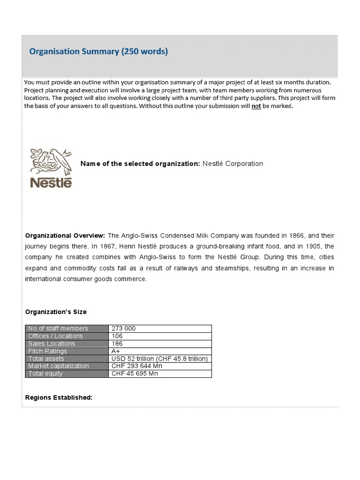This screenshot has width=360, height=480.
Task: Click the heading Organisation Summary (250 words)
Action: [98, 52]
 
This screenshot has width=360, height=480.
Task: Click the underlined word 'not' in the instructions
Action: [256, 106]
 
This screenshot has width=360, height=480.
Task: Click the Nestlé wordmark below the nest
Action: [51, 182]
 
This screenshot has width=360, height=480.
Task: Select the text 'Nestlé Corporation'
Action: [232, 164]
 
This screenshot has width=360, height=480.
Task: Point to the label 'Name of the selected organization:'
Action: [140, 164]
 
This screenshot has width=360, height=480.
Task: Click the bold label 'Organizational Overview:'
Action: [65, 235]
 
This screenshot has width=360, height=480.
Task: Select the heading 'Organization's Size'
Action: [55, 312]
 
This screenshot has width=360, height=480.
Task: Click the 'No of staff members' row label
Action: [58, 329]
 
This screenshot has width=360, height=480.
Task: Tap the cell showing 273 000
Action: [123, 329]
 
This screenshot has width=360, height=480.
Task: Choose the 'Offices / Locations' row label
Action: [55, 336]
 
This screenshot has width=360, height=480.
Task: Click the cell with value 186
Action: [117, 344]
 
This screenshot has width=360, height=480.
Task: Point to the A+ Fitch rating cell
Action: [116, 351]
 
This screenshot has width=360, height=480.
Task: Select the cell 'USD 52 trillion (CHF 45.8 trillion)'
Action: [159, 359]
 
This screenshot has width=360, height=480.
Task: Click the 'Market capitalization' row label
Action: [59, 366]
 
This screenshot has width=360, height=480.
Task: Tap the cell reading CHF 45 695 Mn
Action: [135, 374]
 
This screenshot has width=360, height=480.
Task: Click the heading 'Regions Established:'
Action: [59, 397]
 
